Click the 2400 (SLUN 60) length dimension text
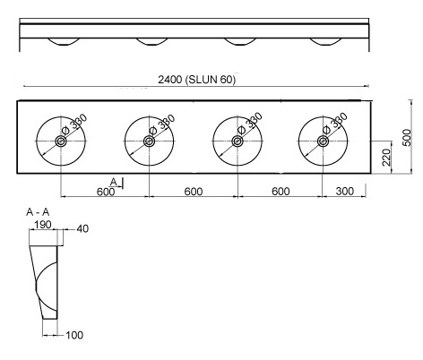197,80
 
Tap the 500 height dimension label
407,138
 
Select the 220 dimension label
386,158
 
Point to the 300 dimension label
345,191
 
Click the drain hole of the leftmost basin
61,141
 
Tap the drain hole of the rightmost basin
323,141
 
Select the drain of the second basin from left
149,141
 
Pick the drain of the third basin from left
237,141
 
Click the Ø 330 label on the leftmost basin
74,124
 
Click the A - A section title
38,212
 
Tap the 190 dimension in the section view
43,225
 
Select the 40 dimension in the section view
82,228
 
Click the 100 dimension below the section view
74,335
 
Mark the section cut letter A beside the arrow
114,182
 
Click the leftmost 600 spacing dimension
106,192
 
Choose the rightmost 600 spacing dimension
281,192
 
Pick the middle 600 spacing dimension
194,192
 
